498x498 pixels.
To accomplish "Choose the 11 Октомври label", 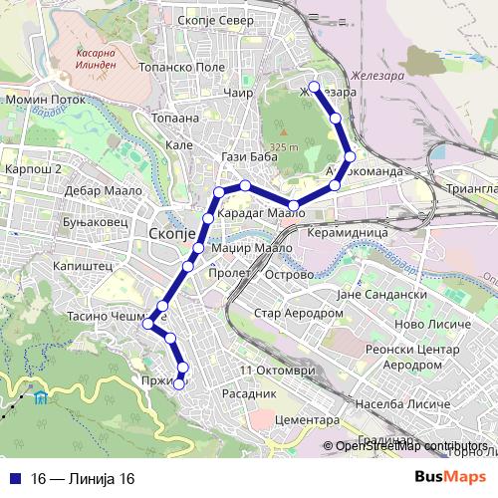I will (277, 370).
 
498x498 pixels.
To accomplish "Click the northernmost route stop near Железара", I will (315, 88).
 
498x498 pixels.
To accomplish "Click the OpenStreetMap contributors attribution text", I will (411, 446).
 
